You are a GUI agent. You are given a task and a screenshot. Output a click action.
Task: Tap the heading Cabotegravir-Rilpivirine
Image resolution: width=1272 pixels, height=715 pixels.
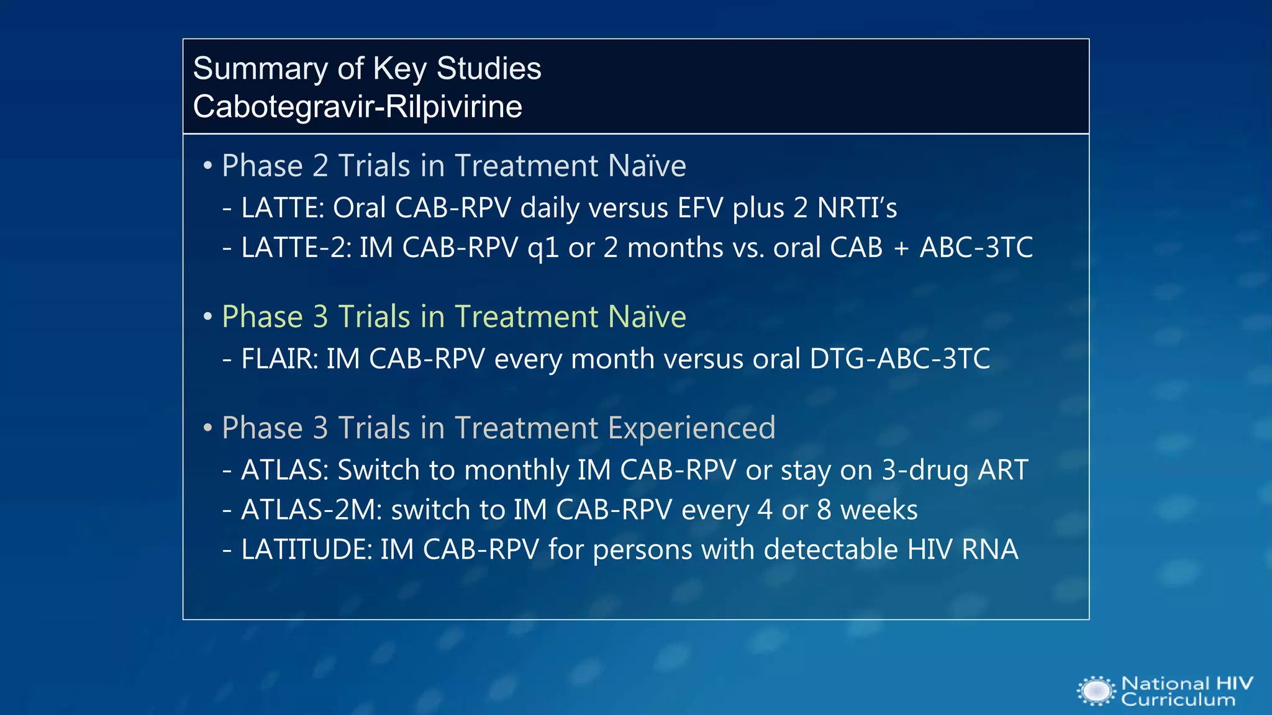coord(357,107)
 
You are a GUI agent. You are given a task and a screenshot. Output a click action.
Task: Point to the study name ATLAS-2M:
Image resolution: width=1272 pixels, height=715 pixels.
coord(311,510)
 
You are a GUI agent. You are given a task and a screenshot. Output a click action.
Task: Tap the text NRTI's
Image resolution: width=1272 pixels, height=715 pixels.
coord(857,208)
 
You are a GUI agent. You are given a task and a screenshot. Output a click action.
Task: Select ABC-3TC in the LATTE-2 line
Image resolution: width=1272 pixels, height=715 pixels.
coord(976,248)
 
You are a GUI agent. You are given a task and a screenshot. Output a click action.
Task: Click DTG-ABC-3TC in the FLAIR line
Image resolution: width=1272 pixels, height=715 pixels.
coord(899,359)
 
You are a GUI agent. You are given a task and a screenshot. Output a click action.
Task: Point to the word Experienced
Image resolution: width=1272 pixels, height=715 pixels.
coord(691,428)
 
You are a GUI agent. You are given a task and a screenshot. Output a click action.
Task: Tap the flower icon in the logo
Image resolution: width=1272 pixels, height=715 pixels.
coord(1096,691)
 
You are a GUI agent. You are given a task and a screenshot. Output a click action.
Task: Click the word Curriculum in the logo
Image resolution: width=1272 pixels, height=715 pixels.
coord(1178,700)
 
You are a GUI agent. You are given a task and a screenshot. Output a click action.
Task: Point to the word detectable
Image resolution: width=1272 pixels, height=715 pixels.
coord(830,550)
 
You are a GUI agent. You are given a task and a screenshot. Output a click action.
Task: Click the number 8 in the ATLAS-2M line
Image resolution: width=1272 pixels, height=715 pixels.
coord(824,510)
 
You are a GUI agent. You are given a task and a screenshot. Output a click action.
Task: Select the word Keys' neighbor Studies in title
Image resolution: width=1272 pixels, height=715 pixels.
coord(488,69)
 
